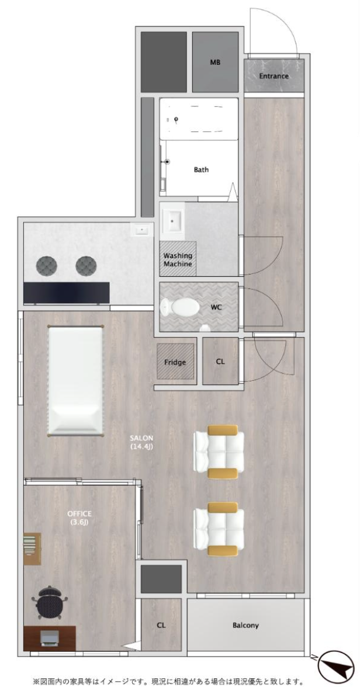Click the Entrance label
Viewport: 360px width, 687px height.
point(274,76)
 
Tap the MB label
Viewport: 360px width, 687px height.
point(215,62)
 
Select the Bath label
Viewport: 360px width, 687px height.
point(201,169)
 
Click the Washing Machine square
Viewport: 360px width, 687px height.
point(178,259)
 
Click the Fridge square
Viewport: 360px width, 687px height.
point(175,362)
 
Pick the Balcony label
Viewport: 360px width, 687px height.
point(245,625)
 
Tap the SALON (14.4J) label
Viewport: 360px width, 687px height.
point(141,442)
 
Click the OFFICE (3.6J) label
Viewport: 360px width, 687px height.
point(79,518)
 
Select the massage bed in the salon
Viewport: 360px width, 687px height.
point(75,380)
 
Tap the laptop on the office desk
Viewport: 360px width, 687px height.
point(49,638)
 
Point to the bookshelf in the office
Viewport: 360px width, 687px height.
point(33,549)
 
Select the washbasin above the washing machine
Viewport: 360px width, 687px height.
point(173,221)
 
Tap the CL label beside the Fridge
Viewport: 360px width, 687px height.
point(220,362)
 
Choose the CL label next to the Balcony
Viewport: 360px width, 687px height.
point(161,625)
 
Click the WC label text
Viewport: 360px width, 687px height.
point(216,307)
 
